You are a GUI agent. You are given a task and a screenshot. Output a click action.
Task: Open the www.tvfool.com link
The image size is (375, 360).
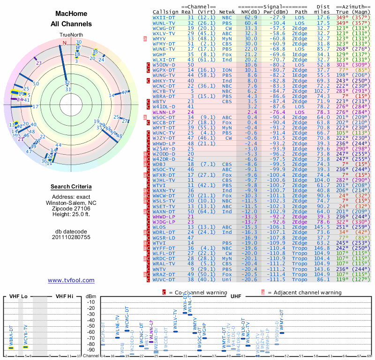71,280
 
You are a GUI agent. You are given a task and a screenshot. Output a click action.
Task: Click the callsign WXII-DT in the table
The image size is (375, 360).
164,17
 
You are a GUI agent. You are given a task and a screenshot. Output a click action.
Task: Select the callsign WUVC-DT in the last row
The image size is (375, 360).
164,279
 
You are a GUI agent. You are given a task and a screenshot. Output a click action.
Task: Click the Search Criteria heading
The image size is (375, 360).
71,187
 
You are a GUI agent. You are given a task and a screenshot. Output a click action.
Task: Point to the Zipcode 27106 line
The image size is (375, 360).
71,209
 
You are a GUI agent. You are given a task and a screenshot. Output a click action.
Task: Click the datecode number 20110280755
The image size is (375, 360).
71,237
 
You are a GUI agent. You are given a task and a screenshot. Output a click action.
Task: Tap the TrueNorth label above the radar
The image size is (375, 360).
71,35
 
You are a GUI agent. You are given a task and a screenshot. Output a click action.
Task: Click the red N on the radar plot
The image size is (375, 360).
65,43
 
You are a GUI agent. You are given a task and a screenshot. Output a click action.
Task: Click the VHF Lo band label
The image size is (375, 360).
19,296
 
